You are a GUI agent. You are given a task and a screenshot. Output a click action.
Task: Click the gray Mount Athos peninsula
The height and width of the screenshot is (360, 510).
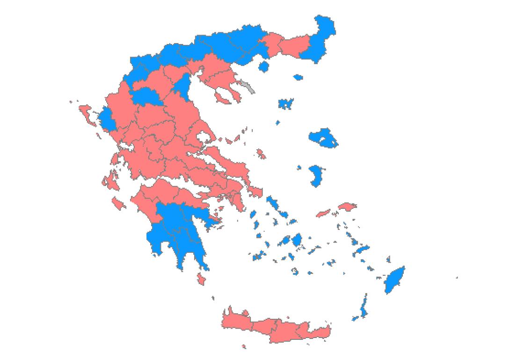click(x=248, y=87)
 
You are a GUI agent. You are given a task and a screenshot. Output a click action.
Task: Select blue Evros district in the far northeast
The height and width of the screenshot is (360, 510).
click(x=322, y=37)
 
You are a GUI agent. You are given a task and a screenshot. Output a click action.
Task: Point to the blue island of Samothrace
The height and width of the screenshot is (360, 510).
click(x=298, y=77)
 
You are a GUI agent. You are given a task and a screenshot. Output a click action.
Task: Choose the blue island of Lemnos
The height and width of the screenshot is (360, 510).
click(x=285, y=103)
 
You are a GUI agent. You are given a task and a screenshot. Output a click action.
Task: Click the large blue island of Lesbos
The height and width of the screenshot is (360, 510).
click(x=323, y=138)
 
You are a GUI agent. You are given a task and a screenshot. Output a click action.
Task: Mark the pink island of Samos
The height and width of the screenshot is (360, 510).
click(x=347, y=206)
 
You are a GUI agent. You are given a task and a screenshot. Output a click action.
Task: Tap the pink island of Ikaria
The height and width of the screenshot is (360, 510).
click(x=323, y=213)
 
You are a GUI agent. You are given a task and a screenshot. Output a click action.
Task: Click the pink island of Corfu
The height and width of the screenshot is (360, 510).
click(x=86, y=113)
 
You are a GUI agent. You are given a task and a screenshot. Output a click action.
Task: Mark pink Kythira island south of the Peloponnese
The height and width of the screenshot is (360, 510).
click(x=202, y=279)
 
